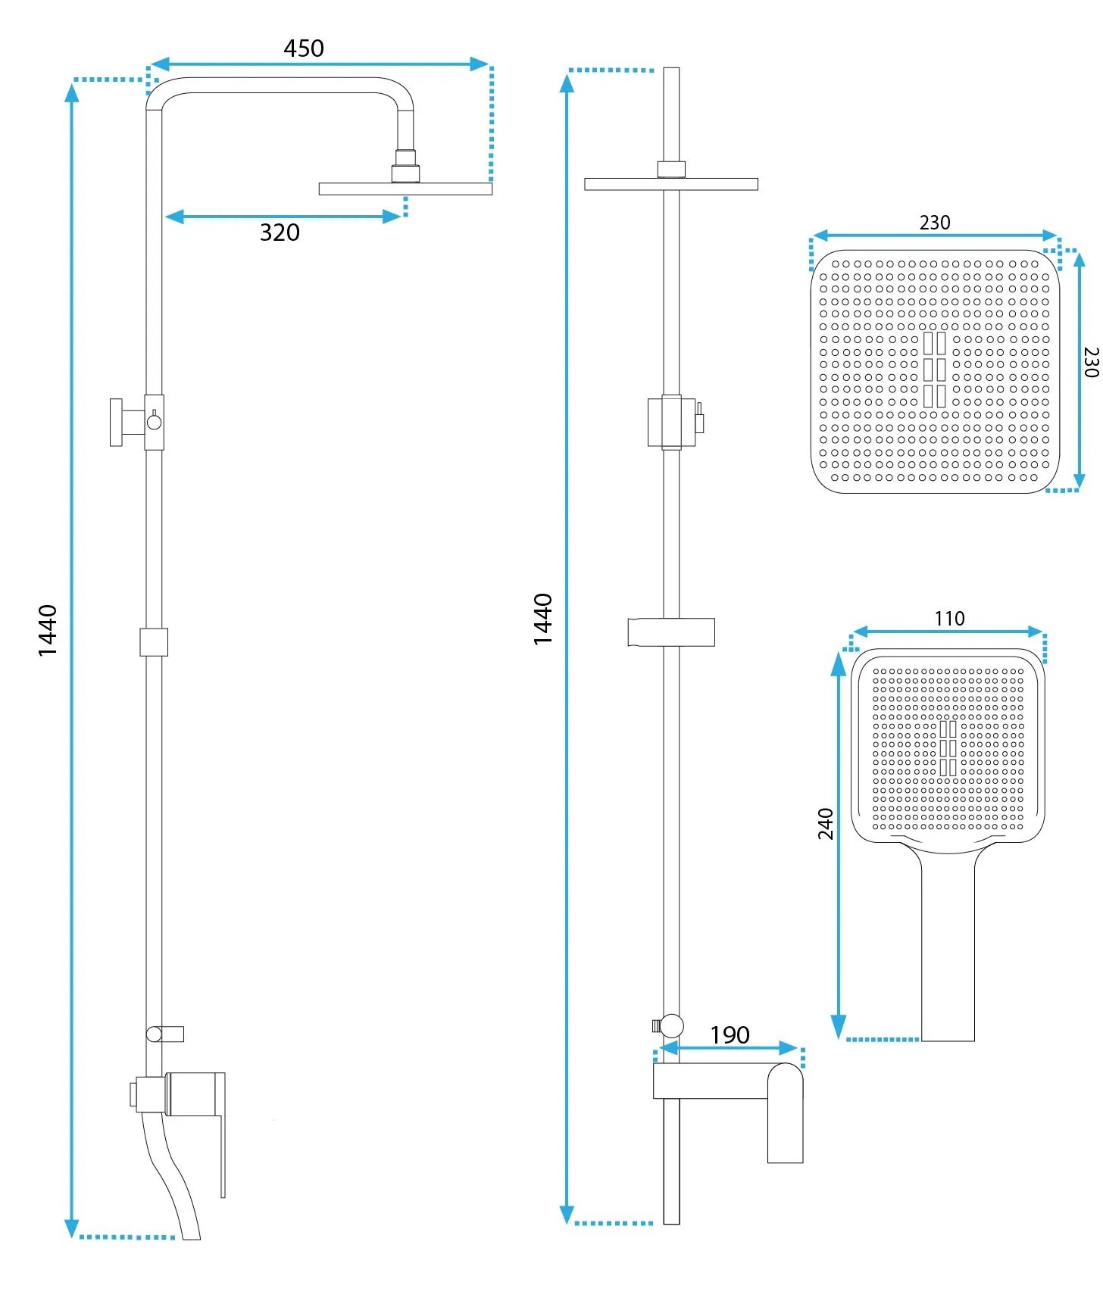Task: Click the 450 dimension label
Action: coord(304,48)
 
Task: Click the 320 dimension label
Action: coord(280,232)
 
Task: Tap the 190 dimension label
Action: coord(730,1034)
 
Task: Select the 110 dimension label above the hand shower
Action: coord(949,619)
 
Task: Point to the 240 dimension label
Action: coord(826,823)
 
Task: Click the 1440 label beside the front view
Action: coord(542,619)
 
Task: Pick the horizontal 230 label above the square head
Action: coord(935,223)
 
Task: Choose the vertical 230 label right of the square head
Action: coord(1091,362)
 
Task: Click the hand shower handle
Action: coord(948,943)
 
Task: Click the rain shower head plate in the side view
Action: coord(405,189)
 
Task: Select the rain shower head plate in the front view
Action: coord(671,184)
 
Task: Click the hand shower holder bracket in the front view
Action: coord(671,632)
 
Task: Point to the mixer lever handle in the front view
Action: coord(785,1112)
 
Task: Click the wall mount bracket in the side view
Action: coord(127,422)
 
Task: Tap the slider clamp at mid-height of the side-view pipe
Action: coord(154,641)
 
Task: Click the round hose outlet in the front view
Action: coord(671,1026)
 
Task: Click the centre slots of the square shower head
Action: coord(934,370)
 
